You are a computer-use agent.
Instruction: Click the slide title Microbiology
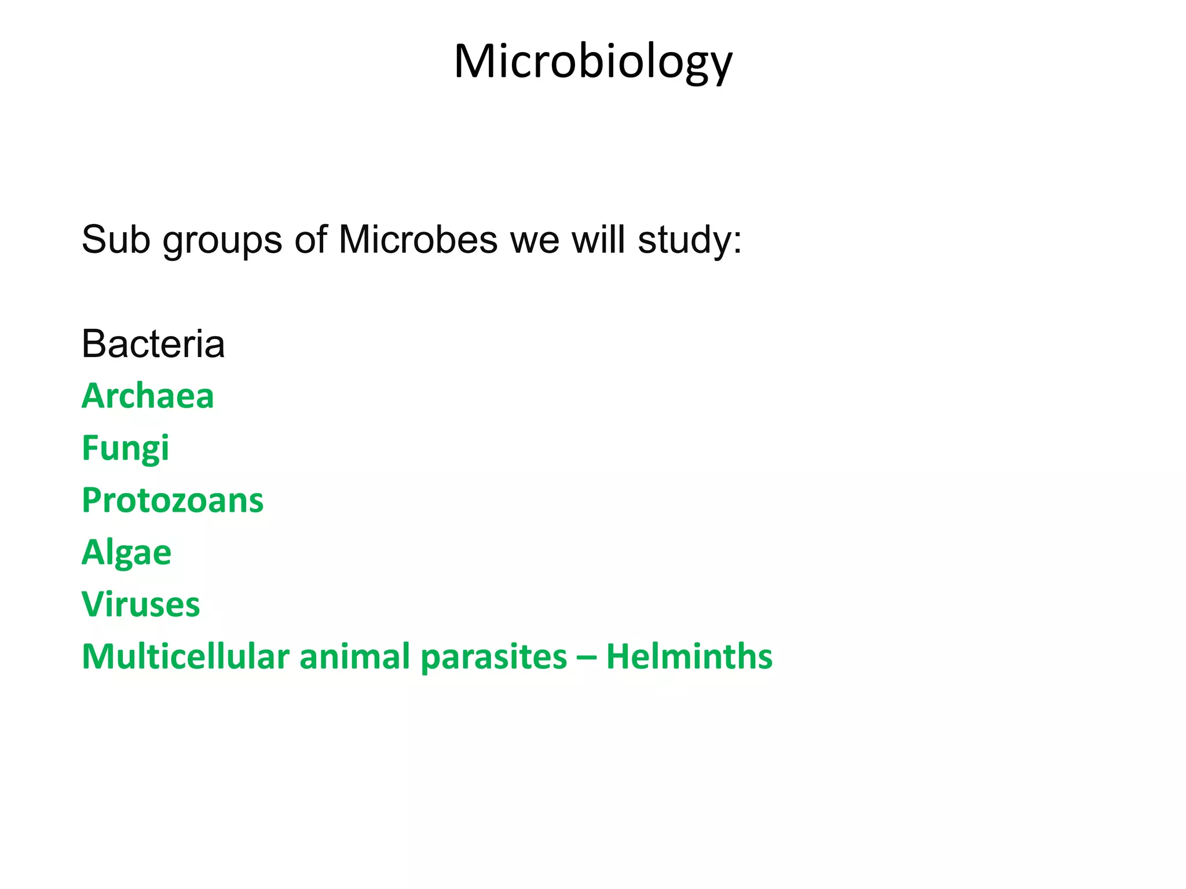point(593,62)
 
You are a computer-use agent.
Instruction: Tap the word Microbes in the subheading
point(418,239)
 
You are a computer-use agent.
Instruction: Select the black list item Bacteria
point(153,344)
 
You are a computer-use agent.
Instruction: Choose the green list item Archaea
point(148,396)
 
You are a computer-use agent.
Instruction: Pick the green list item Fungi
point(125,449)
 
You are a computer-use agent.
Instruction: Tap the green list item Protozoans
point(173,501)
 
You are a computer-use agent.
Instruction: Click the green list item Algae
point(126,553)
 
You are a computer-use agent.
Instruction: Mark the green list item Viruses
point(141,605)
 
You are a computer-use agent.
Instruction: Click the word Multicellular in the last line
point(185,657)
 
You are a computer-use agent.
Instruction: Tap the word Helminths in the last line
point(689,657)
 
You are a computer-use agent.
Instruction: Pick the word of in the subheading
point(310,239)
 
